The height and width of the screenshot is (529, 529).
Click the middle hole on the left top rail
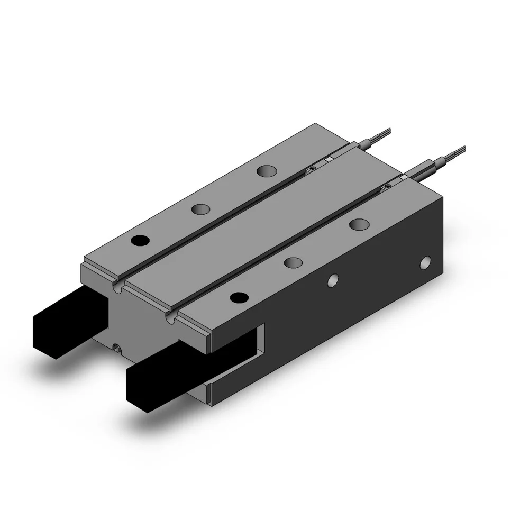tap(200, 210)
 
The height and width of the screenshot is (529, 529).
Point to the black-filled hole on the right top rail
tap(239, 298)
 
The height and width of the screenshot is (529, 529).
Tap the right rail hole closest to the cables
tap(359, 224)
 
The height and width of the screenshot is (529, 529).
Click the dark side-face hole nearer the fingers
tap(333, 280)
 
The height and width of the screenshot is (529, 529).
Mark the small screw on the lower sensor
tap(389, 186)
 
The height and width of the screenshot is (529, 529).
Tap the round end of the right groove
tap(170, 319)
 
